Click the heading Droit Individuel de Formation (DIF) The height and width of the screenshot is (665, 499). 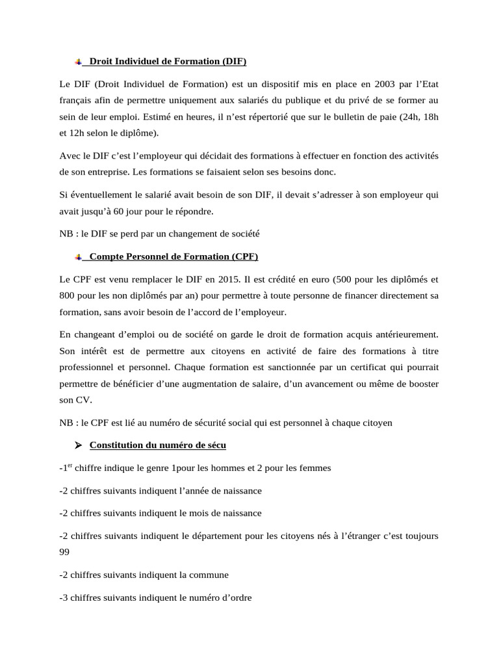168,62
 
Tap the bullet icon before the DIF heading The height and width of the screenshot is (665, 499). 78,62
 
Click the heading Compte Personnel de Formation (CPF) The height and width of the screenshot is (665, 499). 173,257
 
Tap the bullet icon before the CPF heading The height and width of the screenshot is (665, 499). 78,257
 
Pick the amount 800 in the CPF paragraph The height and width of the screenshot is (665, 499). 67,296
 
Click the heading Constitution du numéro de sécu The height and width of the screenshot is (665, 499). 158,445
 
